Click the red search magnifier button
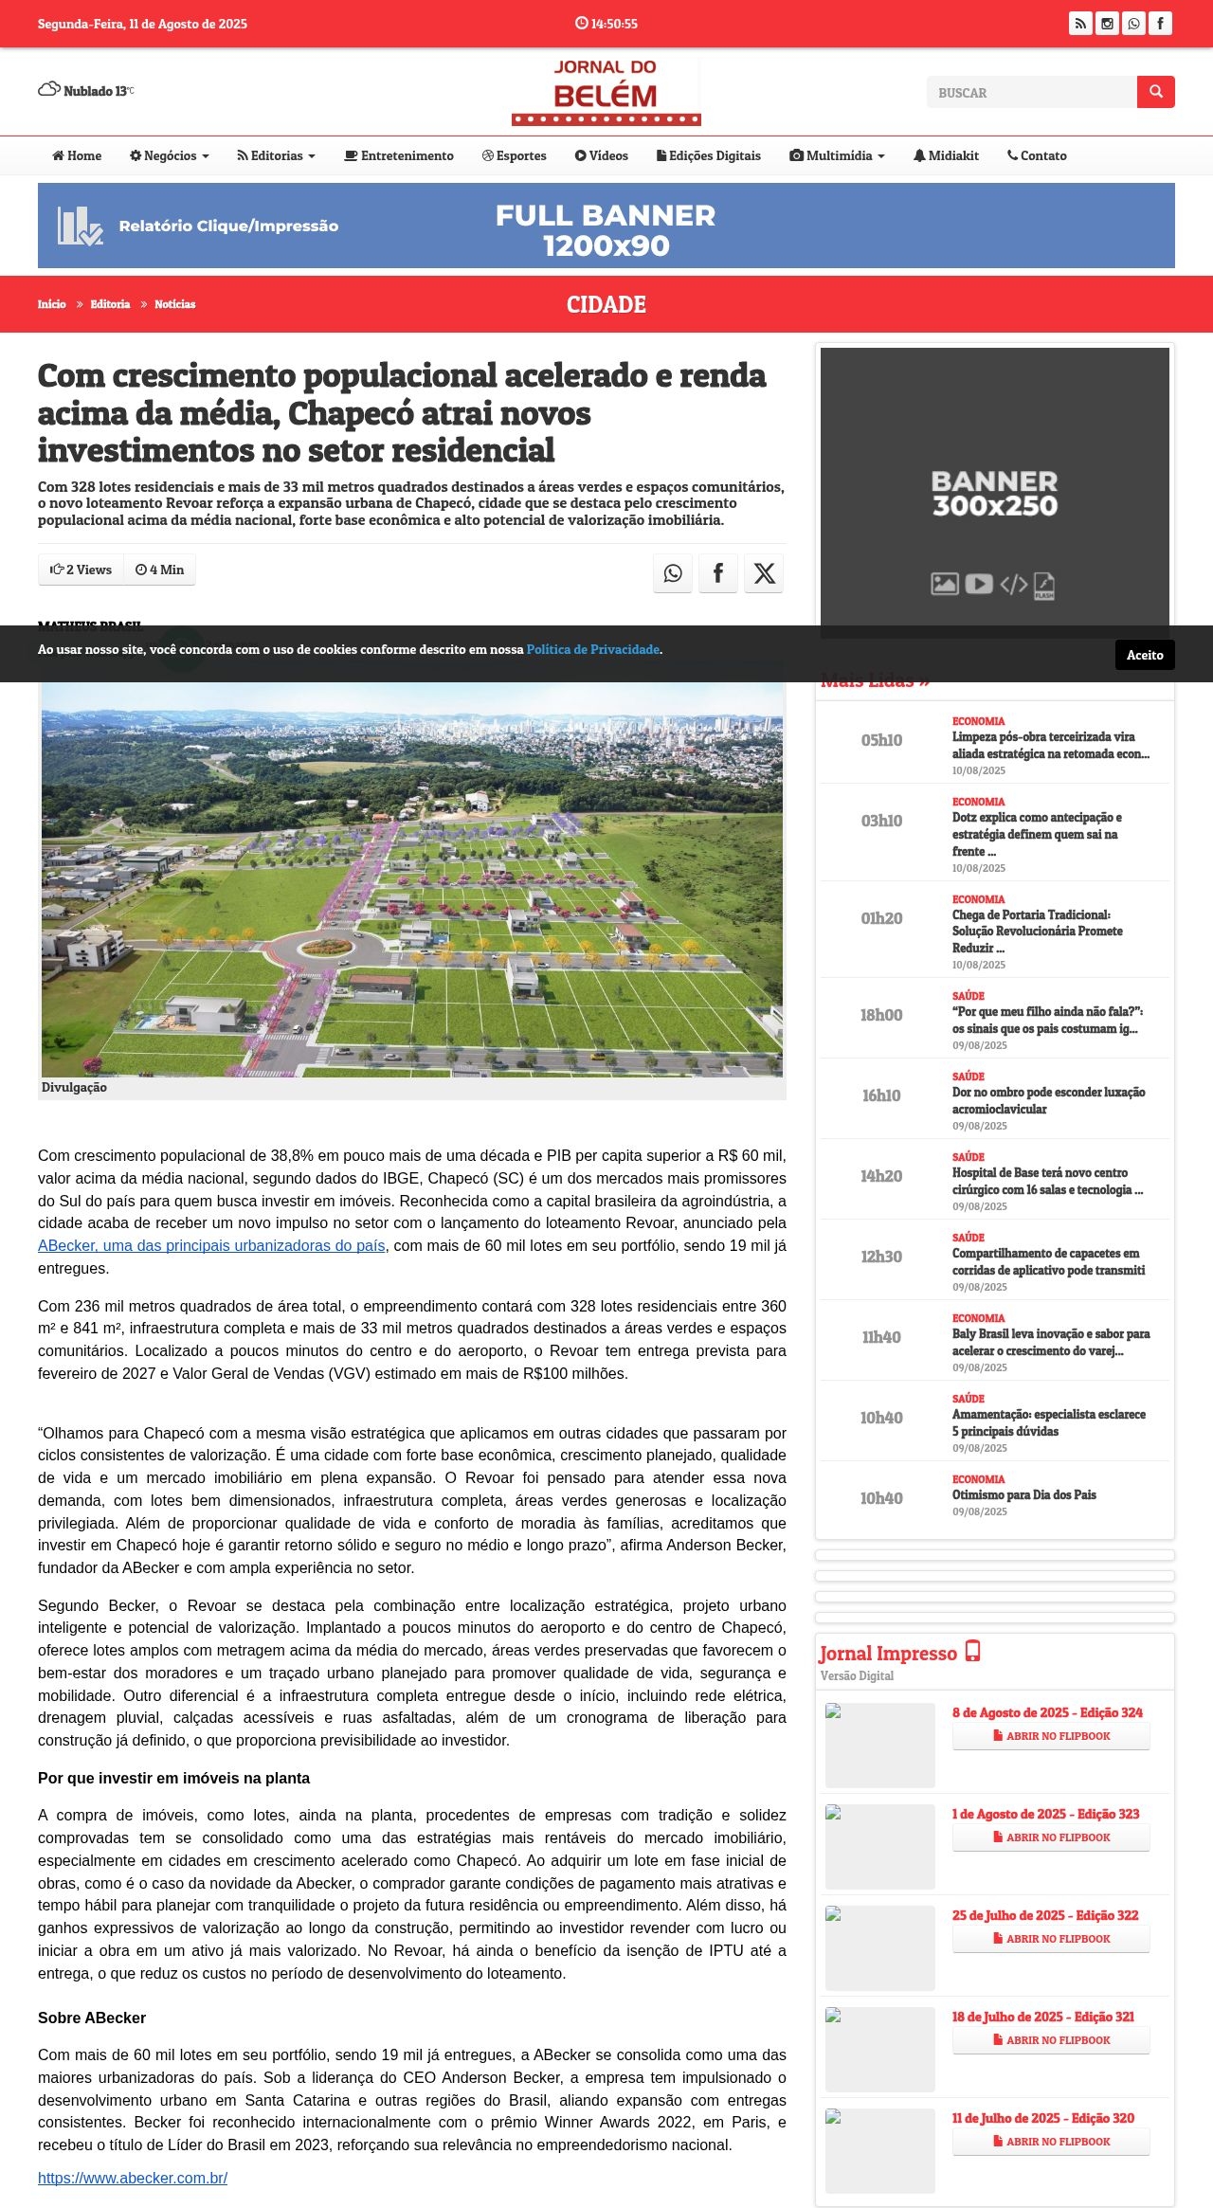click(x=1155, y=92)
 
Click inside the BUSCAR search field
click(x=1031, y=93)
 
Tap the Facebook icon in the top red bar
click(x=1160, y=24)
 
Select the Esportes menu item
click(x=515, y=156)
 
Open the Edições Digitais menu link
click(x=709, y=156)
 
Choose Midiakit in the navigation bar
click(x=946, y=156)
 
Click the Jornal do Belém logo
click(x=606, y=91)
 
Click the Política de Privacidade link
click(x=592, y=650)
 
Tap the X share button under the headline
click(x=764, y=573)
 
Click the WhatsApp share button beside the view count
click(x=673, y=573)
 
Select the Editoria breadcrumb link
click(x=110, y=304)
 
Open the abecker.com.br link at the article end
click(x=133, y=2178)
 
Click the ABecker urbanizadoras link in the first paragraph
click(x=211, y=1246)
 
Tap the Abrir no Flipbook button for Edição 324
click(x=1051, y=1736)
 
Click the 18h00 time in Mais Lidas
click(x=881, y=1016)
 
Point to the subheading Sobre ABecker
click(x=92, y=2018)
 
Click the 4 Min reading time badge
click(x=159, y=570)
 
